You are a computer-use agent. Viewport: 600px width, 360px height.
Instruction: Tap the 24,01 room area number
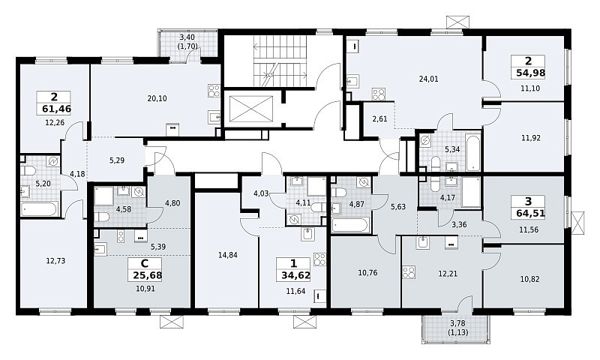pyautogui.click(x=428, y=79)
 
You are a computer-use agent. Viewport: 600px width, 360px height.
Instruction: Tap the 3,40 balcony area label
pyautogui.click(x=187, y=37)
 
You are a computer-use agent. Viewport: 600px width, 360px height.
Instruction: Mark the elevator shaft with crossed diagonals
pyautogui.click(x=251, y=109)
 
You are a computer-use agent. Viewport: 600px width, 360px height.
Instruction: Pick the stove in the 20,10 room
pyautogui.click(x=214, y=91)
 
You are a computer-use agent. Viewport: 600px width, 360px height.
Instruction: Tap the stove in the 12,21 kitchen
pyautogui.click(x=409, y=273)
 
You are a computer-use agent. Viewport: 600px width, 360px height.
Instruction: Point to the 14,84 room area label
pyautogui.click(x=228, y=255)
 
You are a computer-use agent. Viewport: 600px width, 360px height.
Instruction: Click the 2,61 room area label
pyautogui.click(x=379, y=119)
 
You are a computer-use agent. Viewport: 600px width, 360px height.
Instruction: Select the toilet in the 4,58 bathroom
pyautogui.click(x=101, y=217)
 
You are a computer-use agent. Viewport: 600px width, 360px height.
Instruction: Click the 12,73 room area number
pyautogui.click(x=55, y=261)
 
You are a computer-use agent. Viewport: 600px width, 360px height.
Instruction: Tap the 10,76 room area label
pyautogui.click(x=367, y=273)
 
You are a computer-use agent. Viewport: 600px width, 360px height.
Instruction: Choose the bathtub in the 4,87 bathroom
pyautogui.click(x=351, y=225)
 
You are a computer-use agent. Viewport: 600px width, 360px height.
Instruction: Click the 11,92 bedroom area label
pyautogui.click(x=531, y=138)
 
